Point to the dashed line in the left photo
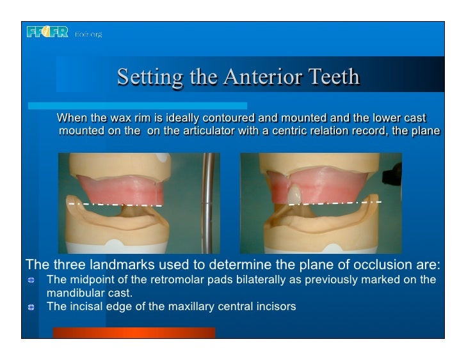(115, 205)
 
